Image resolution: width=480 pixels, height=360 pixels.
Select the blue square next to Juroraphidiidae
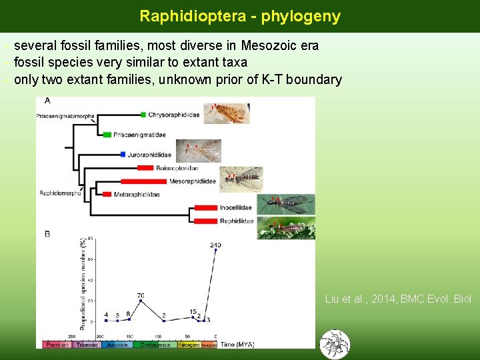point(123,155)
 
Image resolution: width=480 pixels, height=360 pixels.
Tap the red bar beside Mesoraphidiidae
point(144,181)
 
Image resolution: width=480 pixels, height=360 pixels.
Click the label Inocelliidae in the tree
point(236,208)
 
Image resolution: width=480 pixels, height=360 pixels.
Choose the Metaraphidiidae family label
point(137,195)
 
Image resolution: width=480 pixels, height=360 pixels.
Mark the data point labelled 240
point(215,250)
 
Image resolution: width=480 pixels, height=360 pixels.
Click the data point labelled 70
point(141,301)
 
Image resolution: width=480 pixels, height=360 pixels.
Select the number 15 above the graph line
point(192,312)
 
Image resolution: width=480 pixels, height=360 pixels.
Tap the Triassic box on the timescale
point(87,345)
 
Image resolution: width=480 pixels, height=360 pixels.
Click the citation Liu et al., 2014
point(399,299)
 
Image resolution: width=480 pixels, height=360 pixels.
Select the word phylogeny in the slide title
point(301,16)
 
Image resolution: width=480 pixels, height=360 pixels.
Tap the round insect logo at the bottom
point(335,344)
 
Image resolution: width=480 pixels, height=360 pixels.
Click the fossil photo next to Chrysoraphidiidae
point(226,113)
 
